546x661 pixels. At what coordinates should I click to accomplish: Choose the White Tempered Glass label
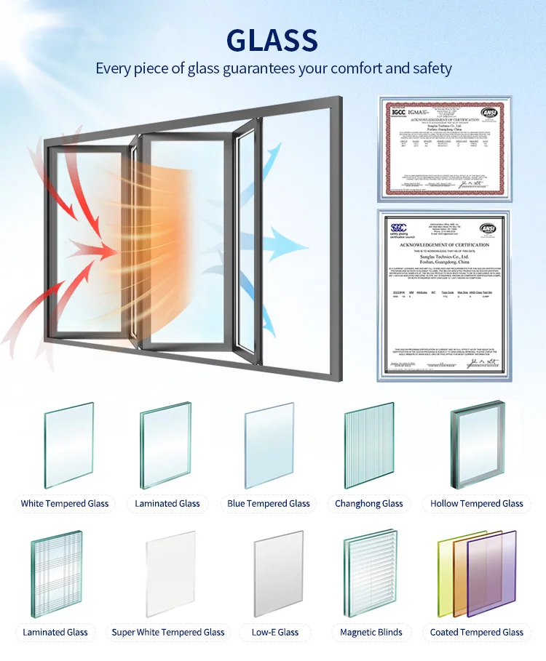[65, 503]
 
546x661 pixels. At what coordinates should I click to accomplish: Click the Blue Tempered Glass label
[269, 503]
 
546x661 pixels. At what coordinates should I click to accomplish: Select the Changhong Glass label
[369, 503]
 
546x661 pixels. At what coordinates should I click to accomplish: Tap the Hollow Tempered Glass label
[477, 503]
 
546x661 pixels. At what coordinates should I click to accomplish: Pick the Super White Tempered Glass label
[168, 632]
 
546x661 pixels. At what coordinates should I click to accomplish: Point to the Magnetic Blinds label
[371, 632]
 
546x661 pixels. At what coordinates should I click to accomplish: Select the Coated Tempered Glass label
[477, 632]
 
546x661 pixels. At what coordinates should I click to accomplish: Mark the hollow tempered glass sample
[477, 443]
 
